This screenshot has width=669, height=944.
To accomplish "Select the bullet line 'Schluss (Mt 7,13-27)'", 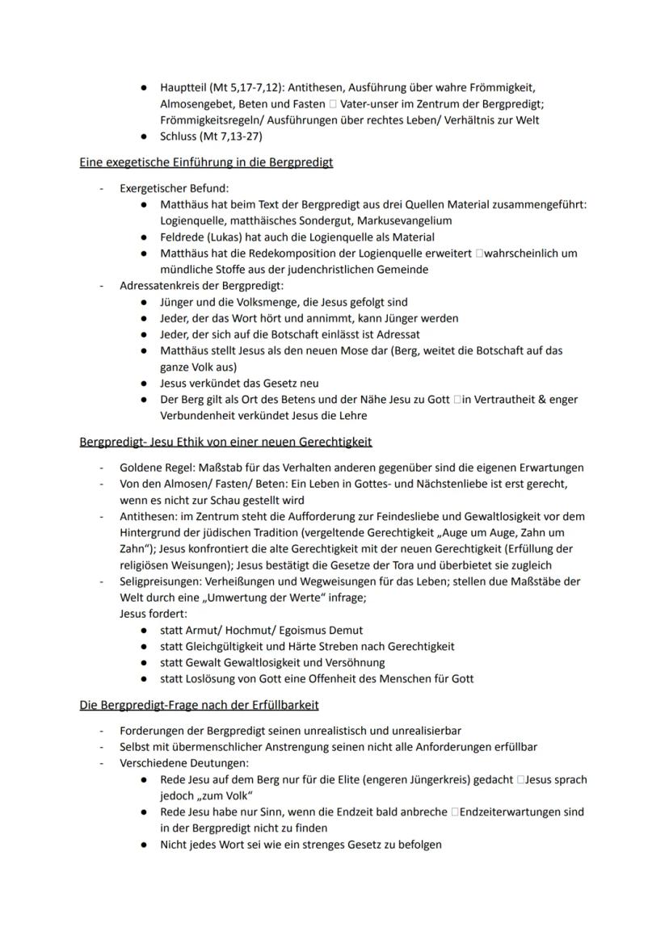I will click(211, 136).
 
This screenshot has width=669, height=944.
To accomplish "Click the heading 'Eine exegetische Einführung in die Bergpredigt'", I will click(206, 162).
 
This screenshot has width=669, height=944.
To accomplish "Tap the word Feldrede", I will click(183, 237).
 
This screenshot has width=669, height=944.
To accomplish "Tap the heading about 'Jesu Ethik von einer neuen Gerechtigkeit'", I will click(225, 442).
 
